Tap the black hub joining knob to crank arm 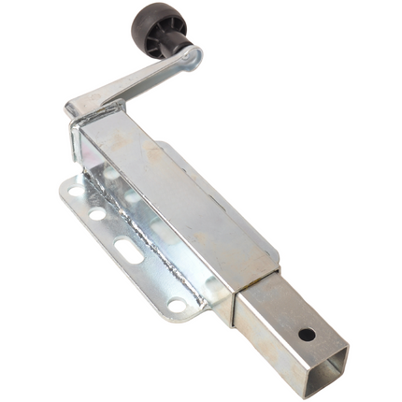tap(175, 49)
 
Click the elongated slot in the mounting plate tap(128, 251)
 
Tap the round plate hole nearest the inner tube tap(176, 305)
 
